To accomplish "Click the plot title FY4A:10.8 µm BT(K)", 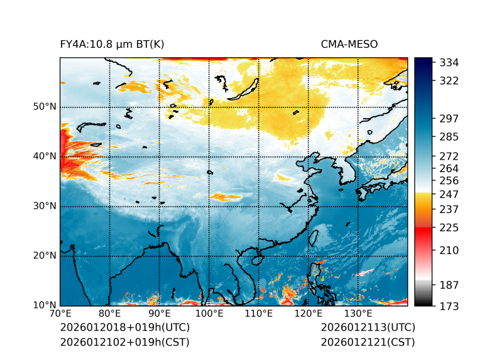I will (x=112, y=45).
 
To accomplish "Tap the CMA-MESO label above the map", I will (x=349, y=45).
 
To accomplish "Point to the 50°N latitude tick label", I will (x=45, y=107).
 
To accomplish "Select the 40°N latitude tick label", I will (x=45, y=156).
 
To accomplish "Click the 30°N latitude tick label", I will (x=45, y=206).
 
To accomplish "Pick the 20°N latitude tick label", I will (x=45, y=256).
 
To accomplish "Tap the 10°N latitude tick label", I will (x=45, y=305).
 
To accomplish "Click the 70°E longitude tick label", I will (x=60, y=314).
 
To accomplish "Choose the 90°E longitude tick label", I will (x=160, y=314).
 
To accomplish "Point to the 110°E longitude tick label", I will (x=259, y=314).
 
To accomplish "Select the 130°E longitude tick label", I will (x=358, y=314).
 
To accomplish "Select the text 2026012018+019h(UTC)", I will (x=124, y=328).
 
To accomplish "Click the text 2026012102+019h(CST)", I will (x=124, y=342).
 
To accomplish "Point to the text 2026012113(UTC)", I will (x=368, y=328).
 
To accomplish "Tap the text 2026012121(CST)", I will (x=368, y=342).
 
